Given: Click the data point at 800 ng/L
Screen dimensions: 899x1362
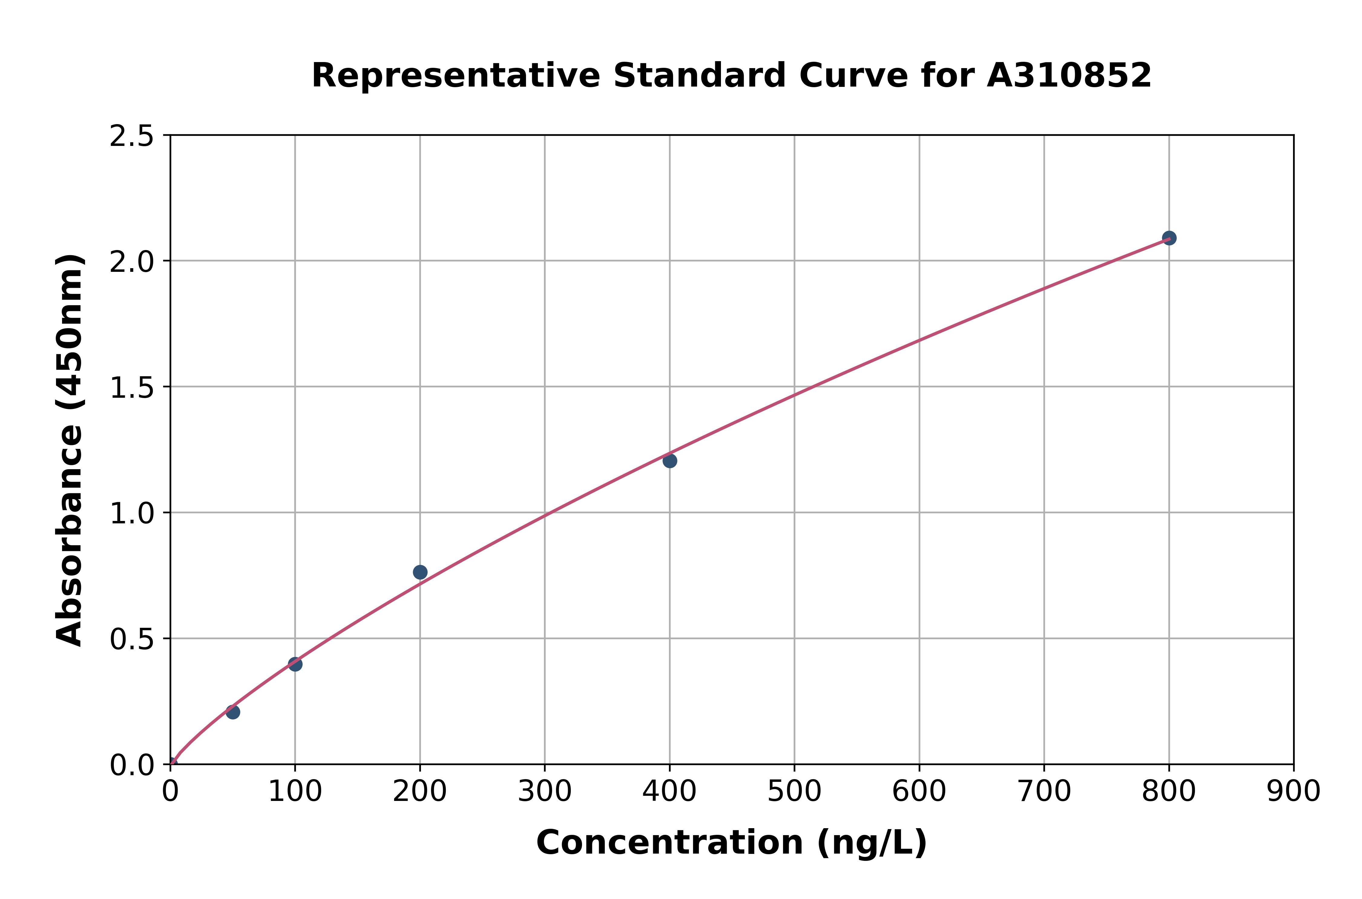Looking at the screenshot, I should click(1169, 238).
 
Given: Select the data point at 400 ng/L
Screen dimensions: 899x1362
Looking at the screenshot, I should click(669, 460).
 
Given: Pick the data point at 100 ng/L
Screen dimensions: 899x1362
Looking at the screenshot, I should click(295, 664).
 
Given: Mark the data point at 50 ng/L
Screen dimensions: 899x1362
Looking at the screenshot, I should click(233, 712).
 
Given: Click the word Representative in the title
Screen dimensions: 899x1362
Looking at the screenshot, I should click(456, 76).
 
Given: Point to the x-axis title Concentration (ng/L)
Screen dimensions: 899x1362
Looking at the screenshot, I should click(732, 843).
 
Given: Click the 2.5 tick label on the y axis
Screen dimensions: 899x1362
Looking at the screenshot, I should click(132, 137).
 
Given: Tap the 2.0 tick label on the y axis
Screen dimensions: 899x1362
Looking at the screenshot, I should click(132, 262).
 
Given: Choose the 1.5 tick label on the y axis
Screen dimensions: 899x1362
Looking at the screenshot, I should click(132, 387).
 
